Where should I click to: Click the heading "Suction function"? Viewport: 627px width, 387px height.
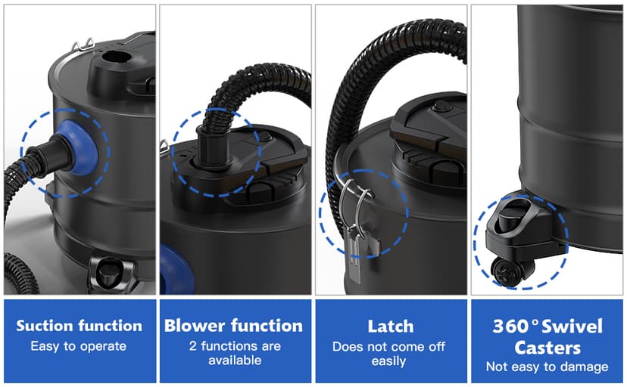[x=80, y=327]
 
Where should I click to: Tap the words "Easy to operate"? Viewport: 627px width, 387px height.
[x=79, y=346]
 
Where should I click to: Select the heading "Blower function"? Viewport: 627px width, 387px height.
[x=234, y=326]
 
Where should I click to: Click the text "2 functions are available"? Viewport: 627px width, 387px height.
[x=234, y=353]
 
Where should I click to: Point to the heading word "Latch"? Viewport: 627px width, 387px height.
[x=391, y=327]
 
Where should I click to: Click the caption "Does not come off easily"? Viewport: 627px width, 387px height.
[x=391, y=353]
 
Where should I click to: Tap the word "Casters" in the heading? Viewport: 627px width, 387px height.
[x=547, y=348]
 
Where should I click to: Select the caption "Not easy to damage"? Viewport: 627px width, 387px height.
[x=547, y=367]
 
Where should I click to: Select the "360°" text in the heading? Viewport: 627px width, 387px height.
[x=516, y=327]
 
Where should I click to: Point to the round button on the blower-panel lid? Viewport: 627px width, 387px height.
[x=264, y=136]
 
